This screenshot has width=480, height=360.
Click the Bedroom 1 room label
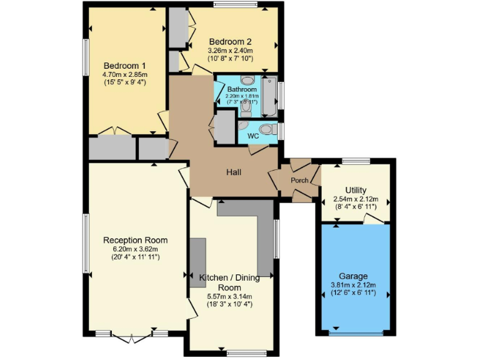click(125, 65)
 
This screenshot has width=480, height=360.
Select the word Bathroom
click(242, 89)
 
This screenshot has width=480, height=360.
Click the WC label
click(254, 136)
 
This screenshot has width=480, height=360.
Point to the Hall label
click(234, 172)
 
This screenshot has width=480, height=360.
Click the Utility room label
click(356, 190)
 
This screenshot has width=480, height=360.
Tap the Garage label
click(354, 276)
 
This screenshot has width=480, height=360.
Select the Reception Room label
click(136, 240)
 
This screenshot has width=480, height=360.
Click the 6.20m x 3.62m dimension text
click(136, 249)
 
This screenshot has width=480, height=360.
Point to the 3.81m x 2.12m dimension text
click(354, 284)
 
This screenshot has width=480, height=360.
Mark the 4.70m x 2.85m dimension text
click(125, 74)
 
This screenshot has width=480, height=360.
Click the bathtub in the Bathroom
click(270, 96)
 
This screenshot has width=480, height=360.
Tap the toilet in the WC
click(267, 129)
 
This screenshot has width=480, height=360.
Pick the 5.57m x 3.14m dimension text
click(229, 296)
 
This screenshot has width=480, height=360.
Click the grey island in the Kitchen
click(197, 262)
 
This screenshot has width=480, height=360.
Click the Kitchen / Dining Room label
click(229, 282)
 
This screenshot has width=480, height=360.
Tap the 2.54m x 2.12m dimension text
click(356, 199)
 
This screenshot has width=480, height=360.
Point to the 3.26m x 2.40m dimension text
click(231, 51)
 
